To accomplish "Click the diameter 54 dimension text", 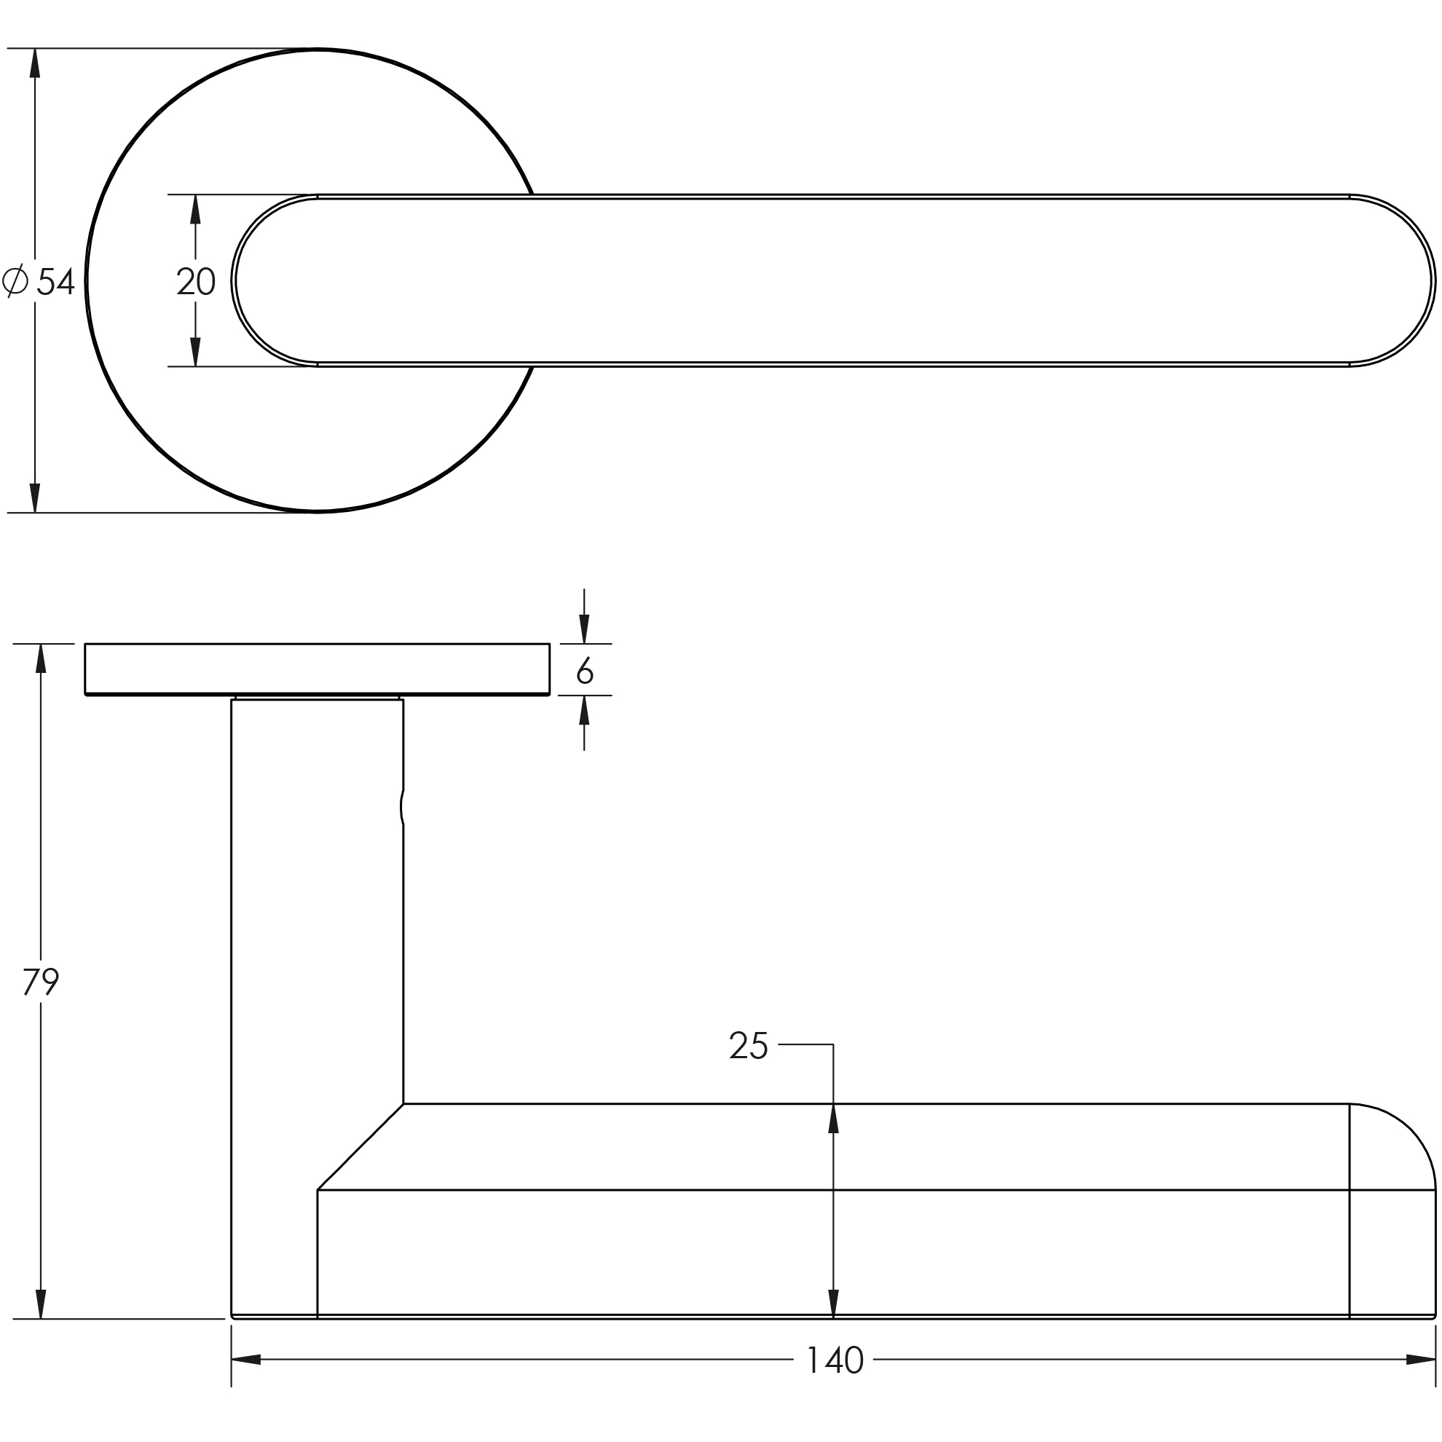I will point(56,281).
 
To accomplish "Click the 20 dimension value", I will point(197,281).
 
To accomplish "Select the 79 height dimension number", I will point(41,981).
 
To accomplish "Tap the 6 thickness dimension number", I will point(584,670).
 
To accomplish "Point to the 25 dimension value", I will point(748,1045).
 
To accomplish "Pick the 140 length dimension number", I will point(835,1360).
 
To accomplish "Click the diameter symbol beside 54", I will point(15,280).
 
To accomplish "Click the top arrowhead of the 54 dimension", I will point(34,63).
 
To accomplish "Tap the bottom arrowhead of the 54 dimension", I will point(34,498).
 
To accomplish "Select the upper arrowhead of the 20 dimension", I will point(196,210).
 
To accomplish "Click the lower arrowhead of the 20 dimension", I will point(196,352).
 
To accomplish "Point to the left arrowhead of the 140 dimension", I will point(246,1359).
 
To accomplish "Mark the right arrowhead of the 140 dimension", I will point(1420,1359).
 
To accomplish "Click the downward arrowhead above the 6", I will point(584,629).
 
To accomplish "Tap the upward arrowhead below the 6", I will point(584,711).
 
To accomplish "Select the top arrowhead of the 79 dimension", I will point(41,658).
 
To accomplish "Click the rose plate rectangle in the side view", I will point(318,669).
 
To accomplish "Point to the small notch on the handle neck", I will point(402,807).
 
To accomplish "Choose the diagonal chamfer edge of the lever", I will point(360,1146).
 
